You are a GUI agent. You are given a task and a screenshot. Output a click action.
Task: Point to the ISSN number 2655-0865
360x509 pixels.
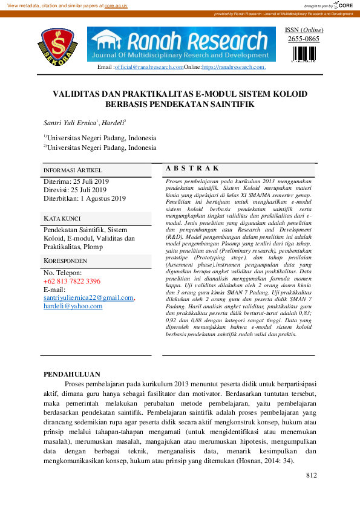[304, 39]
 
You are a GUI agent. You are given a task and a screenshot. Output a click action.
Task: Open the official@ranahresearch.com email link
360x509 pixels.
[149, 67]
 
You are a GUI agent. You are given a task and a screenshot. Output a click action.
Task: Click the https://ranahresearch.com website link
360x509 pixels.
[234, 67]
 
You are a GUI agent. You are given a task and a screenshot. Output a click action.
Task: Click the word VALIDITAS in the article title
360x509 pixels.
[77, 94]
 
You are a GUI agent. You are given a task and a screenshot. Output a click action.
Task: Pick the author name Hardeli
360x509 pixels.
[112, 123]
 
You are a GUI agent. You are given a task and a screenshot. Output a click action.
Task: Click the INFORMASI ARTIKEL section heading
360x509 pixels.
[73, 170]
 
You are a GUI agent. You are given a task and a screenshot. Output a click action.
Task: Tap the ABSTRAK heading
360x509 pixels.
[192, 169]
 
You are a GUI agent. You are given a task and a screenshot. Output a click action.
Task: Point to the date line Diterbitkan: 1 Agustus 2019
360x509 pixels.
[85, 198]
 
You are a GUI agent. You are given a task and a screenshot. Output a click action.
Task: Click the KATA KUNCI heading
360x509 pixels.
[62, 218]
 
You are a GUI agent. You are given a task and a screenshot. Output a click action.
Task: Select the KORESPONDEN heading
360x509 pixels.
[65, 261]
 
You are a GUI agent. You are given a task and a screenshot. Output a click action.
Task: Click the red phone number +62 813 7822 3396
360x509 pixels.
[72, 281]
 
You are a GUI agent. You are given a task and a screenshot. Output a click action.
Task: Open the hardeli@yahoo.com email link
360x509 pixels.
[73, 306]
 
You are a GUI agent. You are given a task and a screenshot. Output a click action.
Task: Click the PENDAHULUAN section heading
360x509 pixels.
[72, 374]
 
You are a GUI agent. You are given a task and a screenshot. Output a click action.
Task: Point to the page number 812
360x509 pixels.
[312, 475]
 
